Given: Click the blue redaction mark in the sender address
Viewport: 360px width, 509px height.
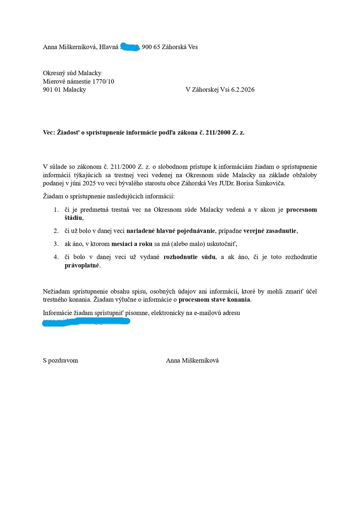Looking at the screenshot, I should pyautogui.click(x=130, y=47).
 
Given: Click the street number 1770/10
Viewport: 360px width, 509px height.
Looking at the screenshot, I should pyautogui.click(x=100, y=81).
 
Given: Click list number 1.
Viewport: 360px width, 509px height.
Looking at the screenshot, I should pyautogui.click(x=56, y=210).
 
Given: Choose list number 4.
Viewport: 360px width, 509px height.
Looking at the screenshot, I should pyautogui.click(x=56, y=257).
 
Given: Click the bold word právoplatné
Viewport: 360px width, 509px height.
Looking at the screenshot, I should pyautogui.click(x=82, y=265).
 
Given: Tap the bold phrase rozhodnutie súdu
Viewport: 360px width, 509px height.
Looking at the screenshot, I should pyautogui.click(x=190, y=257).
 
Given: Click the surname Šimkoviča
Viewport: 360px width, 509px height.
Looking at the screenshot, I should pyautogui.click(x=271, y=183).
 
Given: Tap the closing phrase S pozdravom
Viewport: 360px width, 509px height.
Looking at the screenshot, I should pyautogui.click(x=60, y=360).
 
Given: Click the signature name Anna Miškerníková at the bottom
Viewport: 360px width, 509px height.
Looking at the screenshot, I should pyautogui.click(x=192, y=360).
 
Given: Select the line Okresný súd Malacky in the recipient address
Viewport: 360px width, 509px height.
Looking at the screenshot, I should pyautogui.click(x=72, y=73).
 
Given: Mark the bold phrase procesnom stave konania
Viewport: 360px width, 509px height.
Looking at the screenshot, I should pyautogui.click(x=215, y=299).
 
